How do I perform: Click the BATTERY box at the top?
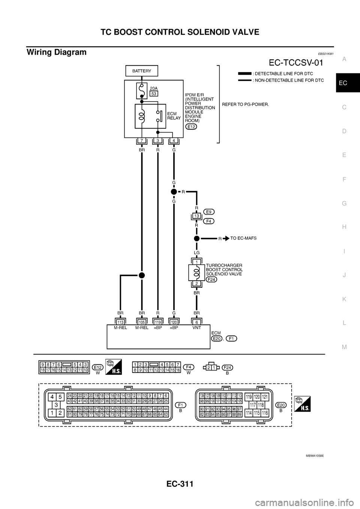[x=142, y=70]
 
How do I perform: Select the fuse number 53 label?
[x=154, y=94]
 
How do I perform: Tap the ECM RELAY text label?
[x=174, y=115]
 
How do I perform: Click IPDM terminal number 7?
[x=142, y=141]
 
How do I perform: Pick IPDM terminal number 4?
[x=173, y=141]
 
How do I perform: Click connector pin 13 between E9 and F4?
[x=196, y=216]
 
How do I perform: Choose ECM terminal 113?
[x=121, y=321]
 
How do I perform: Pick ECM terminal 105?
[x=142, y=321]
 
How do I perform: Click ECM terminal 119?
[x=158, y=321]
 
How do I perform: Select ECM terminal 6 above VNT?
[x=196, y=321]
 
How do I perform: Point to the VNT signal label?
[x=196, y=328]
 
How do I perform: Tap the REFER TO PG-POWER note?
[x=246, y=105]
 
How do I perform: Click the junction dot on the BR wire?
[x=142, y=275]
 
